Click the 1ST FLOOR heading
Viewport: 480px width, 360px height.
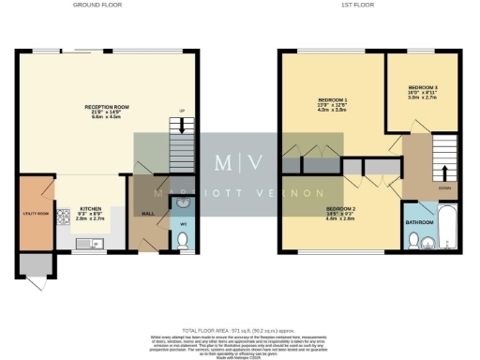tap(371, 5)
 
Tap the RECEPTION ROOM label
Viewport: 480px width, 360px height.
tap(106, 108)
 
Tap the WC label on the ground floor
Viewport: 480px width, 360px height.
tap(184, 223)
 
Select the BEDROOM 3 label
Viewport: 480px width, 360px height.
tap(424, 88)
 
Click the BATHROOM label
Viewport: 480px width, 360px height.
tap(419, 222)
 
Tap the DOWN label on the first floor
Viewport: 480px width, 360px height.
tap(444, 187)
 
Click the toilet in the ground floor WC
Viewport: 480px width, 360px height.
tap(183, 240)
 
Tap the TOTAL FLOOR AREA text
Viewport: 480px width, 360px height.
tap(239, 331)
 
